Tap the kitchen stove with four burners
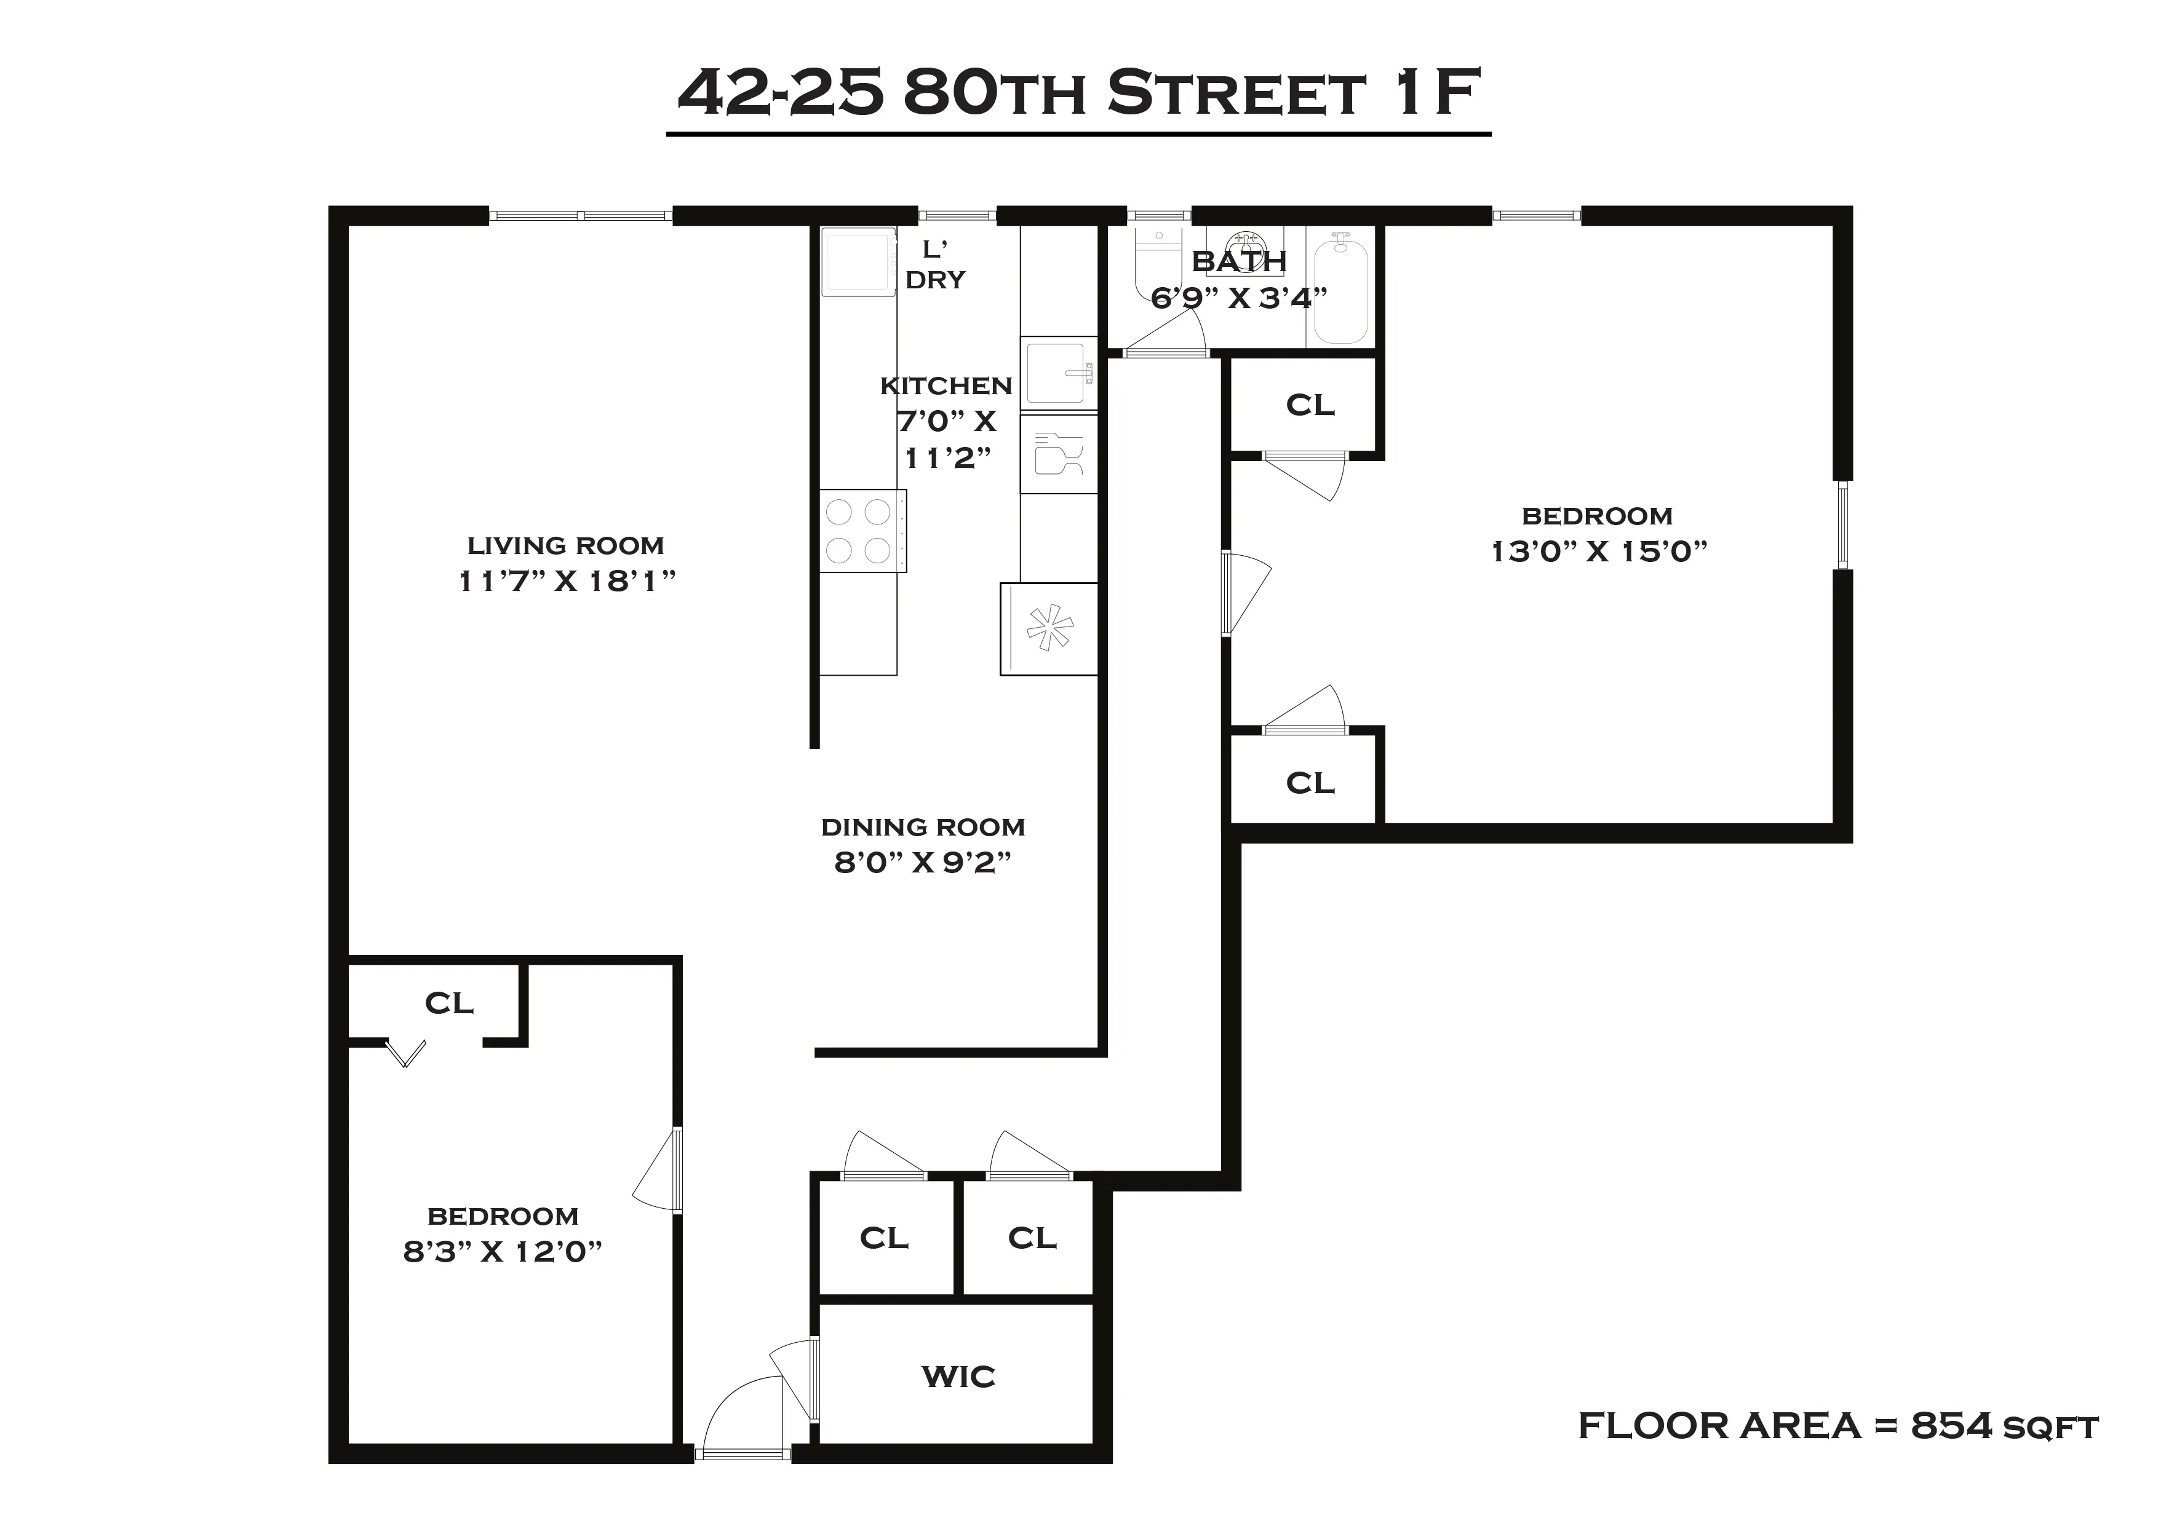pyautogui.click(x=862, y=531)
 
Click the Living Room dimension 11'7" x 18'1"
pyautogui.click(x=567, y=581)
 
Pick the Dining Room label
pyautogui.click(x=922, y=827)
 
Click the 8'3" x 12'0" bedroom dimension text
pyautogui.click(x=502, y=1252)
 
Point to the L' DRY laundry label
pyautogui.click(x=935, y=265)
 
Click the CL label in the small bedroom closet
pyautogui.click(x=448, y=1003)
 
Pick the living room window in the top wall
pyautogui.click(x=580, y=216)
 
